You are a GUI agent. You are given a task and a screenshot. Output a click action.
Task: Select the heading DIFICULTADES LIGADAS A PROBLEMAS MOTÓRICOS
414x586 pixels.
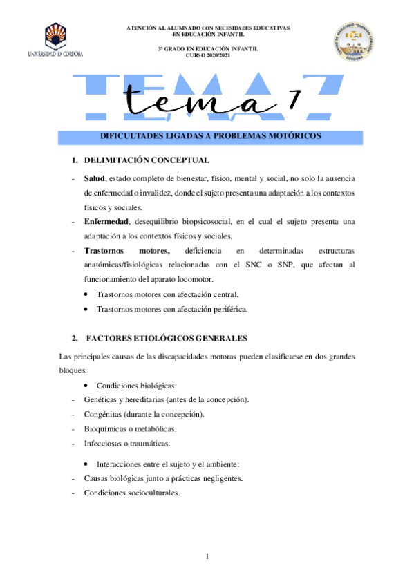(x=211, y=136)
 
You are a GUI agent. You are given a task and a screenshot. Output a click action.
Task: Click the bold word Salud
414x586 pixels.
(x=95, y=178)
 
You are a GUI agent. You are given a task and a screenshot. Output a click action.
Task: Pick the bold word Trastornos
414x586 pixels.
(x=106, y=250)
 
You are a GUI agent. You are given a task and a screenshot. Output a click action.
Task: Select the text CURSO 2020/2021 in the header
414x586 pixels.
(x=207, y=55)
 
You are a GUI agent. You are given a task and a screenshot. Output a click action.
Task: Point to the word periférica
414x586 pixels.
(x=225, y=309)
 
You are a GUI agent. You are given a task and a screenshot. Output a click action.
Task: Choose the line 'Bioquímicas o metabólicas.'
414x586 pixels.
(x=125, y=428)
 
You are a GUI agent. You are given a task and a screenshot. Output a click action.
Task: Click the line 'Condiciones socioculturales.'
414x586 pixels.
(x=131, y=493)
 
